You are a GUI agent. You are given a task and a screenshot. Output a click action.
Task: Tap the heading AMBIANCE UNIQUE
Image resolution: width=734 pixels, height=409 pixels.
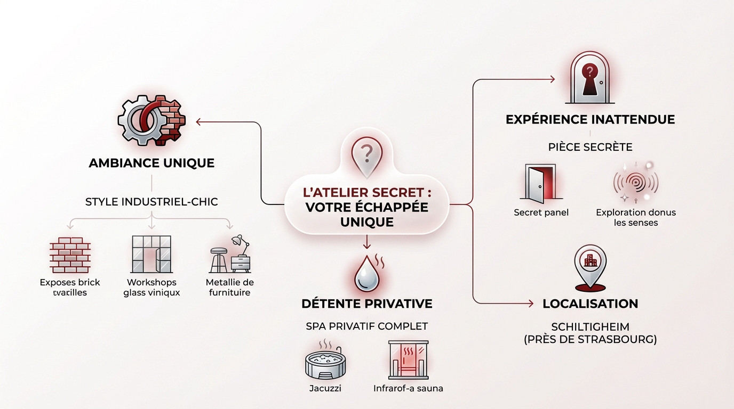[x=151, y=163]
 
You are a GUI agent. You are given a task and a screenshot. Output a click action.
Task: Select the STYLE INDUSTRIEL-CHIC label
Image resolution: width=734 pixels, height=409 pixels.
[x=151, y=202]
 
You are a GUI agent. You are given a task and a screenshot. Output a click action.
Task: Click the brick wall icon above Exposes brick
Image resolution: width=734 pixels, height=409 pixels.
[x=70, y=255]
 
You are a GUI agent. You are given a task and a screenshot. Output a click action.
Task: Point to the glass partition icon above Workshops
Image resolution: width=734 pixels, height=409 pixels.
[x=151, y=255]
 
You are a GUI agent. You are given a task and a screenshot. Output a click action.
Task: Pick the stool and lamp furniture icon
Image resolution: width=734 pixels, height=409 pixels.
[x=229, y=255]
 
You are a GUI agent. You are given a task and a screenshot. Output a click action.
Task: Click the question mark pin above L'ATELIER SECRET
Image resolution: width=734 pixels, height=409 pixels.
[x=366, y=155]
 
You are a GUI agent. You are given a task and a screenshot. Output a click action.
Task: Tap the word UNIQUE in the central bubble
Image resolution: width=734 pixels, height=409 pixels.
[x=366, y=222]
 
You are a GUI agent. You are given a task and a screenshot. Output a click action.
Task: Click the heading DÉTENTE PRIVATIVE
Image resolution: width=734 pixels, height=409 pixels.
[x=366, y=304]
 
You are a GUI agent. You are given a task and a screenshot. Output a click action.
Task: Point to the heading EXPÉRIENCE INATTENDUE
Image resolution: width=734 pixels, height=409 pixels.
[x=590, y=119]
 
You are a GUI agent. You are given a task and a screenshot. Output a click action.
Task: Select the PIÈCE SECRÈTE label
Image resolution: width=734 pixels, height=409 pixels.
[x=590, y=147]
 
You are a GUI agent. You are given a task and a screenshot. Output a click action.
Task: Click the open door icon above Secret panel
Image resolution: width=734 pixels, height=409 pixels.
[x=541, y=184]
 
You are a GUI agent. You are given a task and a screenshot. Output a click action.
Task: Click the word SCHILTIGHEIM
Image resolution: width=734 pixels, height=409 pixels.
[x=590, y=326]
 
